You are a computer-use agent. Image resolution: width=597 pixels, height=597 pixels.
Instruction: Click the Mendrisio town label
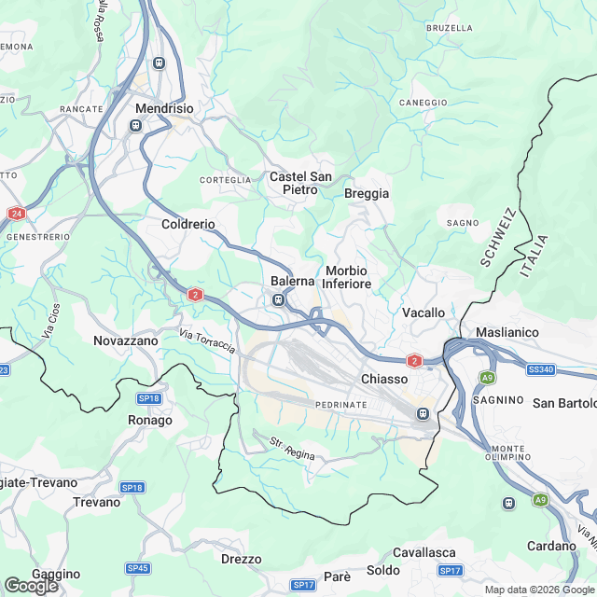tap(164, 108)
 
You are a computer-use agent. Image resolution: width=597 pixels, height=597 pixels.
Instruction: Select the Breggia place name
tap(367, 194)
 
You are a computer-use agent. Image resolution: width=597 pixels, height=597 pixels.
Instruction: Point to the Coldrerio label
tap(188, 225)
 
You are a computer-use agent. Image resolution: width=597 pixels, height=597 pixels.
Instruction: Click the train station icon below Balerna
tap(278, 299)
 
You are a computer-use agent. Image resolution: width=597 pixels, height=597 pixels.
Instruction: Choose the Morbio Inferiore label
tap(348, 277)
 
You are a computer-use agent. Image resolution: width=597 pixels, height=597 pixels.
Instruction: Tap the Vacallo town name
tap(423, 312)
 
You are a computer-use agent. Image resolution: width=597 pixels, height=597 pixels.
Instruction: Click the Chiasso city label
tap(384, 380)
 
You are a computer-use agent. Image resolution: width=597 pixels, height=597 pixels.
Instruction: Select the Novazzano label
tap(126, 341)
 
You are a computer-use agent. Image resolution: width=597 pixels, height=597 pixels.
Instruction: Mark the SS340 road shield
tap(541, 370)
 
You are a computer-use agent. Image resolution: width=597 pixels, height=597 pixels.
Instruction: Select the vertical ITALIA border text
tap(534, 256)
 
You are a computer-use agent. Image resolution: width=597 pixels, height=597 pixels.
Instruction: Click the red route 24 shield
tap(16, 214)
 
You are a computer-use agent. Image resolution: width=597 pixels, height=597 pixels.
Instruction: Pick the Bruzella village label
tap(450, 28)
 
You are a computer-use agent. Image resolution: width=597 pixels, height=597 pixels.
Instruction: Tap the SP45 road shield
tap(138, 568)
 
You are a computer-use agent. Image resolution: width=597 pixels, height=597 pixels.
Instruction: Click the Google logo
tap(31, 586)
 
